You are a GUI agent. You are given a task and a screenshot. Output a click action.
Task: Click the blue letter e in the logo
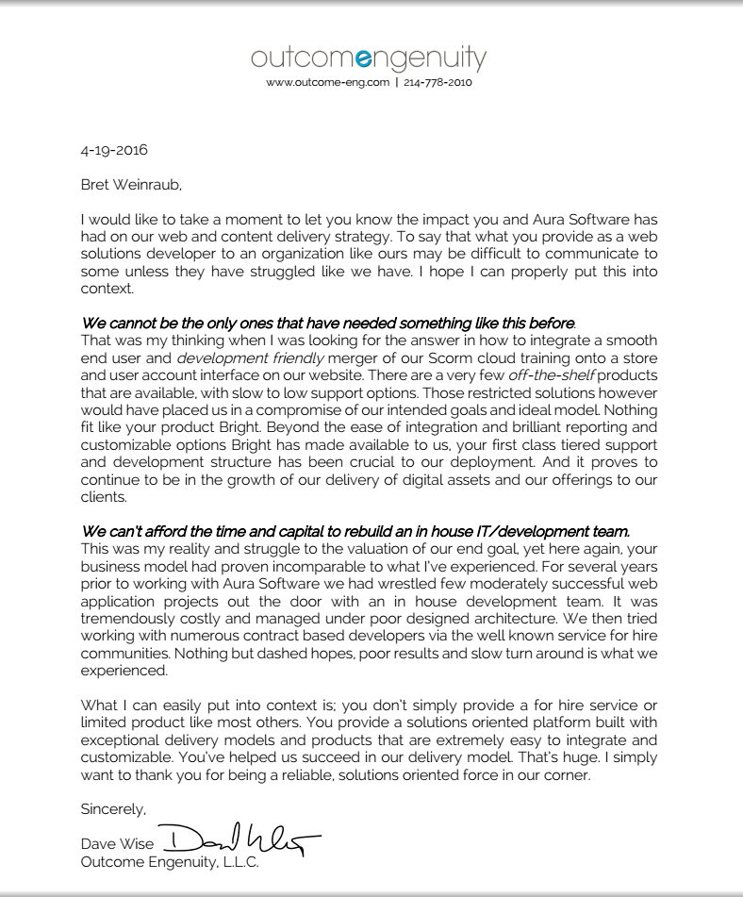(361, 59)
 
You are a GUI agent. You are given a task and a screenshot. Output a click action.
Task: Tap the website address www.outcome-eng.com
(327, 83)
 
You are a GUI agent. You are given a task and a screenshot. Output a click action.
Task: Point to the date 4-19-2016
(114, 150)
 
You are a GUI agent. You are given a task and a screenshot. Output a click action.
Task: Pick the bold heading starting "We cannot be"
(327, 323)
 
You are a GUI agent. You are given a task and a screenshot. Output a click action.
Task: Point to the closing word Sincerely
(114, 808)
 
